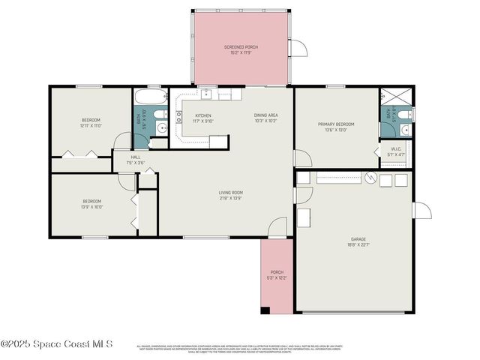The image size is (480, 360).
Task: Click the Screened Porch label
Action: pyautogui.click(x=240, y=50)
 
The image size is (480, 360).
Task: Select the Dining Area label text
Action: pyautogui.click(x=266, y=118)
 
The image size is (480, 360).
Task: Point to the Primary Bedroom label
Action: pyautogui.click(x=335, y=127)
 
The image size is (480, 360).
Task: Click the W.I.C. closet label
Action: pyautogui.click(x=396, y=151)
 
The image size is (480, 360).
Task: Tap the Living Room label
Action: pyautogui.click(x=231, y=196)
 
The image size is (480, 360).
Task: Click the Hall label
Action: pyautogui.click(x=135, y=160)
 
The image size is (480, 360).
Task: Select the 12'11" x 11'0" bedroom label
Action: pyautogui.click(x=91, y=123)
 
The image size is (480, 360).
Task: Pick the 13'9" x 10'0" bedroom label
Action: pyautogui.click(x=91, y=204)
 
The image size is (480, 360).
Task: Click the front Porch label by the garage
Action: pyautogui.click(x=277, y=274)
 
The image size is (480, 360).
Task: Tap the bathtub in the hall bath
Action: pyautogui.click(x=150, y=96)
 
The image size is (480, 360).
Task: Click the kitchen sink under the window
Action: pyautogui.click(x=205, y=94)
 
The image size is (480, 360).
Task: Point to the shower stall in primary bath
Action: pyautogui.click(x=392, y=97)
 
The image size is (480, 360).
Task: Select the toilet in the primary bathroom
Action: pyautogui.click(x=403, y=114)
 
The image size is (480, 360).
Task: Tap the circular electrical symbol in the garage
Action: pyautogui.click(x=369, y=178)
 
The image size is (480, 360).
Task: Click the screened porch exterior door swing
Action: pyautogui.click(x=298, y=48)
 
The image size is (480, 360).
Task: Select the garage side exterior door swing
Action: pyautogui.click(x=421, y=210)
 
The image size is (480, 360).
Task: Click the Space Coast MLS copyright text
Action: pyautogui.click(x=57, y=343)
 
